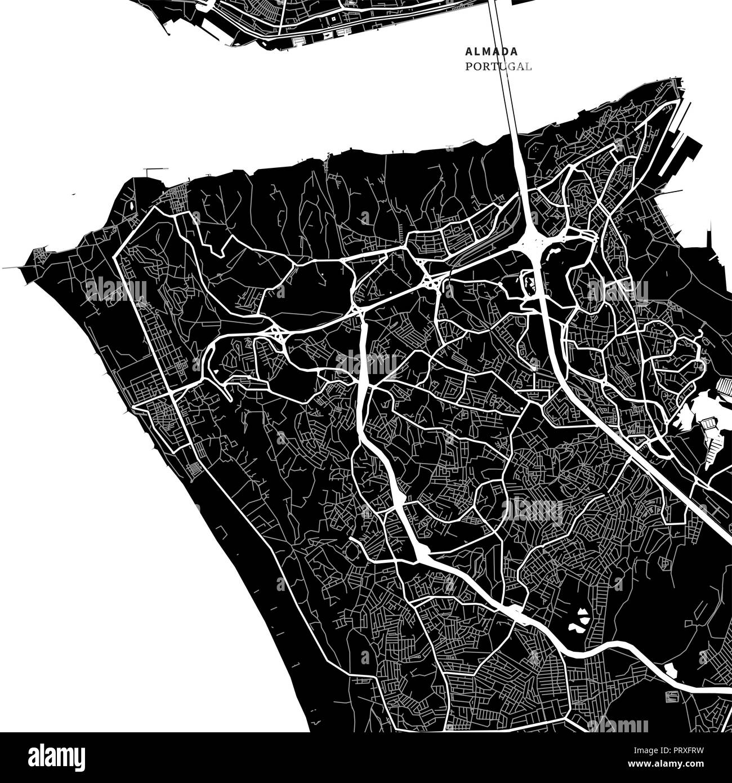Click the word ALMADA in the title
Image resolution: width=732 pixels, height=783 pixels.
pyautogui.click(x=492, y=51)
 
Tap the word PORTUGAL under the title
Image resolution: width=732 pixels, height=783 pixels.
pyautogui.click(x=498, y=66)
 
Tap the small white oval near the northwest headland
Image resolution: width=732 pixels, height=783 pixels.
pyautogui.click(x=131, y=206)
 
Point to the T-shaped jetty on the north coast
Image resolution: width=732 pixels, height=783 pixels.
pyautogui.click(x=156, y=170)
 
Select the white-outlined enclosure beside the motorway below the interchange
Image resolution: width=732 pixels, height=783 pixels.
pyautogui.click(x=529, y=281)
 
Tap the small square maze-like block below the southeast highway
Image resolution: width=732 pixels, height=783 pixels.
pyautogui.click(x=672, y=697)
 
